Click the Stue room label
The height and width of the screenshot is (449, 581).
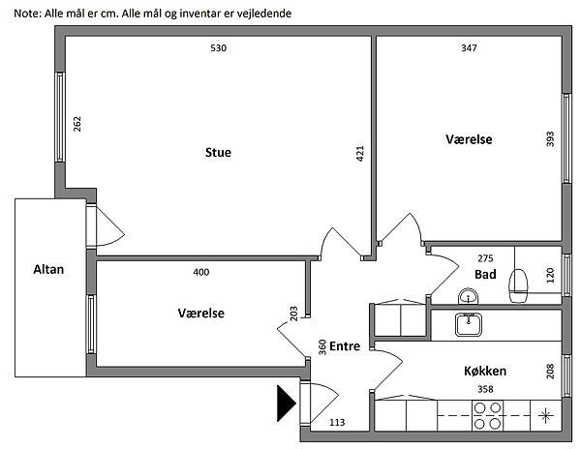[x=218, y=153]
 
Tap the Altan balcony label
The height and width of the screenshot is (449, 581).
[x=47, y=270]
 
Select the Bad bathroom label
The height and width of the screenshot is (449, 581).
[x=485, y=275]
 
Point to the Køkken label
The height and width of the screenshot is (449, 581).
[x=485, y=371]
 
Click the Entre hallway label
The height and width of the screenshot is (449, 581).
[x=345, y=346]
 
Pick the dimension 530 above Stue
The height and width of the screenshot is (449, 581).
[x=218, y=47]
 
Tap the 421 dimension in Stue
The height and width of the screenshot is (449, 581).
[x=359, y=153]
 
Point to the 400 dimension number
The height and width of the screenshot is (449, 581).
[x=200, y=272]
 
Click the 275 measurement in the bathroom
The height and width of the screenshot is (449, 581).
[x=486, y=258]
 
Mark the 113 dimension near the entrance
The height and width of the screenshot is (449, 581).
[x=338, y=422]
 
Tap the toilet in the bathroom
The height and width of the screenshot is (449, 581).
[x=520, y=283]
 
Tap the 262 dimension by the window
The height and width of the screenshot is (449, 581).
[x=77, y=125]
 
